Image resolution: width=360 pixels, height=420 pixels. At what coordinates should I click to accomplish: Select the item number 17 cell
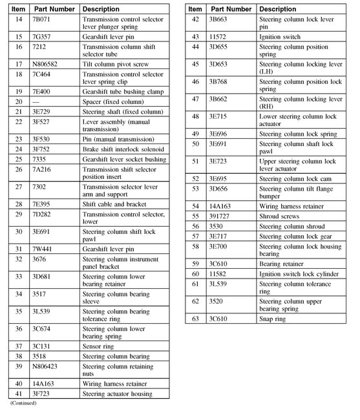(x=18, y=65)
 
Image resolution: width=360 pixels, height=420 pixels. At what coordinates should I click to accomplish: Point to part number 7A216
(x=42, y=169)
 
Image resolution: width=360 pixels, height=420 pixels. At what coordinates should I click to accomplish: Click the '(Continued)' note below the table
(x=23, y=403)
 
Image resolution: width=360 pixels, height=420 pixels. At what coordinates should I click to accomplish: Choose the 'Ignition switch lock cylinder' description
(x=299, y=274)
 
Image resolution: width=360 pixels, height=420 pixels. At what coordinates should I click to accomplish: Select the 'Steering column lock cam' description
(x=293, y=178)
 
